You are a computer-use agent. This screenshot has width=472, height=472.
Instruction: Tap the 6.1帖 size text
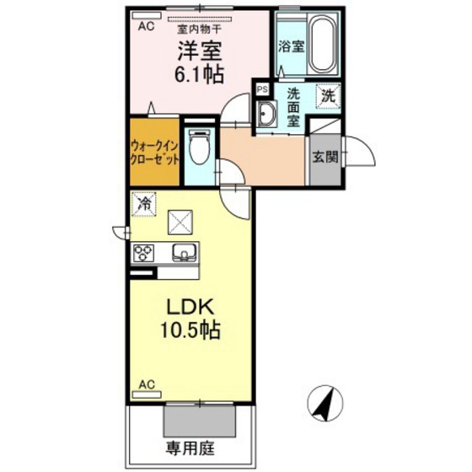tap(200, 74)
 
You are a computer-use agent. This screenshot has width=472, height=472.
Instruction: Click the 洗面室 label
tap(293, 108)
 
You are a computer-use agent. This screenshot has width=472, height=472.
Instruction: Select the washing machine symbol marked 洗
tap(326, 96)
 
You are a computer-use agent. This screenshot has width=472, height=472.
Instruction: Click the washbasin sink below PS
tap(267, 115)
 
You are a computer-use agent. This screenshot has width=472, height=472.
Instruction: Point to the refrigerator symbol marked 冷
tap(144, 203)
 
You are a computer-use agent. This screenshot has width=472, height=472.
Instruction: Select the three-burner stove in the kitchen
tap(143, 252)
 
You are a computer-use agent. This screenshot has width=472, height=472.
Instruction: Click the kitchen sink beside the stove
tap(182, 252)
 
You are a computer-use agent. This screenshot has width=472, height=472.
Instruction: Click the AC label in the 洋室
tap(145, 26)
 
